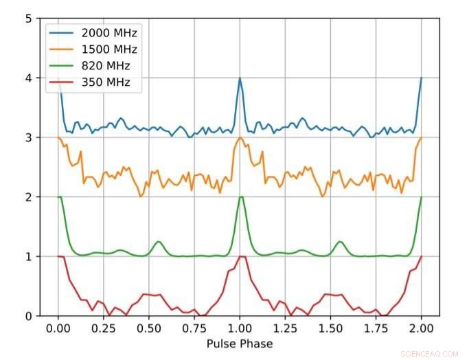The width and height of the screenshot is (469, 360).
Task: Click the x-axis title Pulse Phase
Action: (240, 344)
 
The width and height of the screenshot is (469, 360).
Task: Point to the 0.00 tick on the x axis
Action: (58, 328)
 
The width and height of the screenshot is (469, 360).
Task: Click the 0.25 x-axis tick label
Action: (104, 328)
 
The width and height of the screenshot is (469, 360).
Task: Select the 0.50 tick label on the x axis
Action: (149, 328)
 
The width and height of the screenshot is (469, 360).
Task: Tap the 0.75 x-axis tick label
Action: (194, 328)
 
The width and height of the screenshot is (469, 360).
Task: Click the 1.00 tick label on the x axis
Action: (240, 328)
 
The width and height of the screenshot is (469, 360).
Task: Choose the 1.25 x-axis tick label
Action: (285, 328)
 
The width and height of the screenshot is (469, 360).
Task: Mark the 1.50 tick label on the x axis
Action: (330, 328)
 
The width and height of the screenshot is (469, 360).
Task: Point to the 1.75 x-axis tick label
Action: (376, 328)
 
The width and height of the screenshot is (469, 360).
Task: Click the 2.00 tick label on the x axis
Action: (421, 328)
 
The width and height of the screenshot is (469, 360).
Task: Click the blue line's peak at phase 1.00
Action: (240, 78)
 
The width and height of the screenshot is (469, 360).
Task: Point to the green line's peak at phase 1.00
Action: (240, 197)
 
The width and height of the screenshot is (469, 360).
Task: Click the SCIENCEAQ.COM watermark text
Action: (426, 353)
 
